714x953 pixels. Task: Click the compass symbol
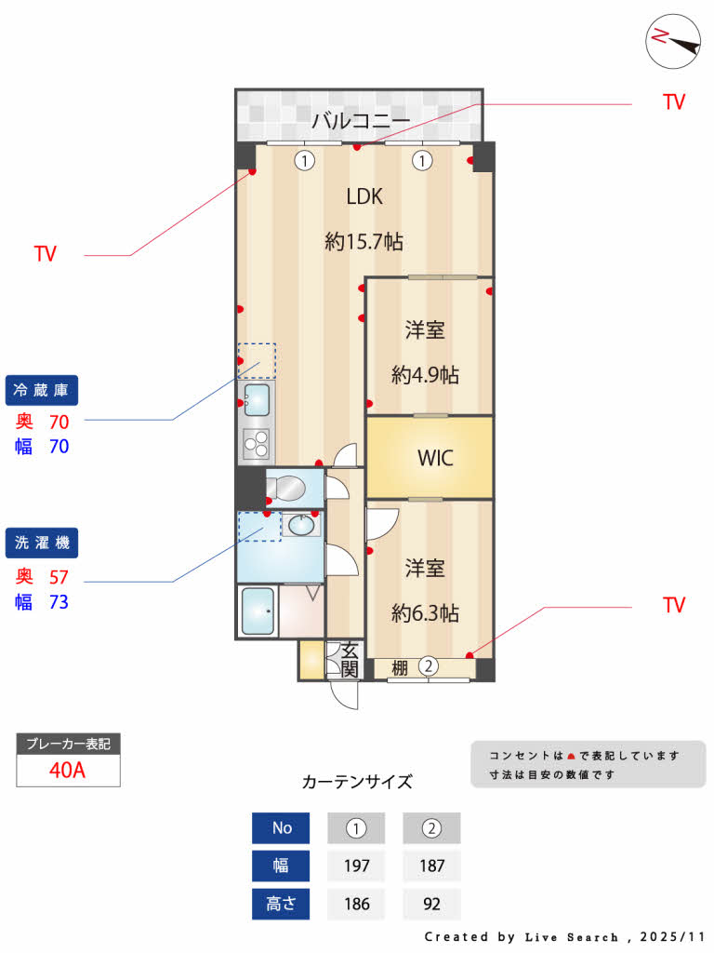pos(673,41)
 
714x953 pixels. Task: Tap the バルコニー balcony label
pos(361,120)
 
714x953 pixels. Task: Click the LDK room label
pos(364,196)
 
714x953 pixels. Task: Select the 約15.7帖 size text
pos(364,242)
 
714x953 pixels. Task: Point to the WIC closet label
pos(436,458)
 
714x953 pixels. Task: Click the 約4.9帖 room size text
pos(425,375)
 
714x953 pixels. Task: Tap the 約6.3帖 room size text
pos(425,613)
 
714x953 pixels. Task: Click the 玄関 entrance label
pos(350,660)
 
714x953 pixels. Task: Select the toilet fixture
pos(288,488)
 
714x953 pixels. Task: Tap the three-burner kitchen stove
pos(256,444)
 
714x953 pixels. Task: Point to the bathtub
pos(258,611)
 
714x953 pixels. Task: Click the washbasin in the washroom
pos(301,526)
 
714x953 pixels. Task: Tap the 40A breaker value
pos(68,771)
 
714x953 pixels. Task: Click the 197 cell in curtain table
pos(357,866)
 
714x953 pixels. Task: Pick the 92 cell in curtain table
pos(431,904)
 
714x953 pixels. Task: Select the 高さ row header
pos(281,904)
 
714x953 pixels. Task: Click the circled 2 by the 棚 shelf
pos(429,665)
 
